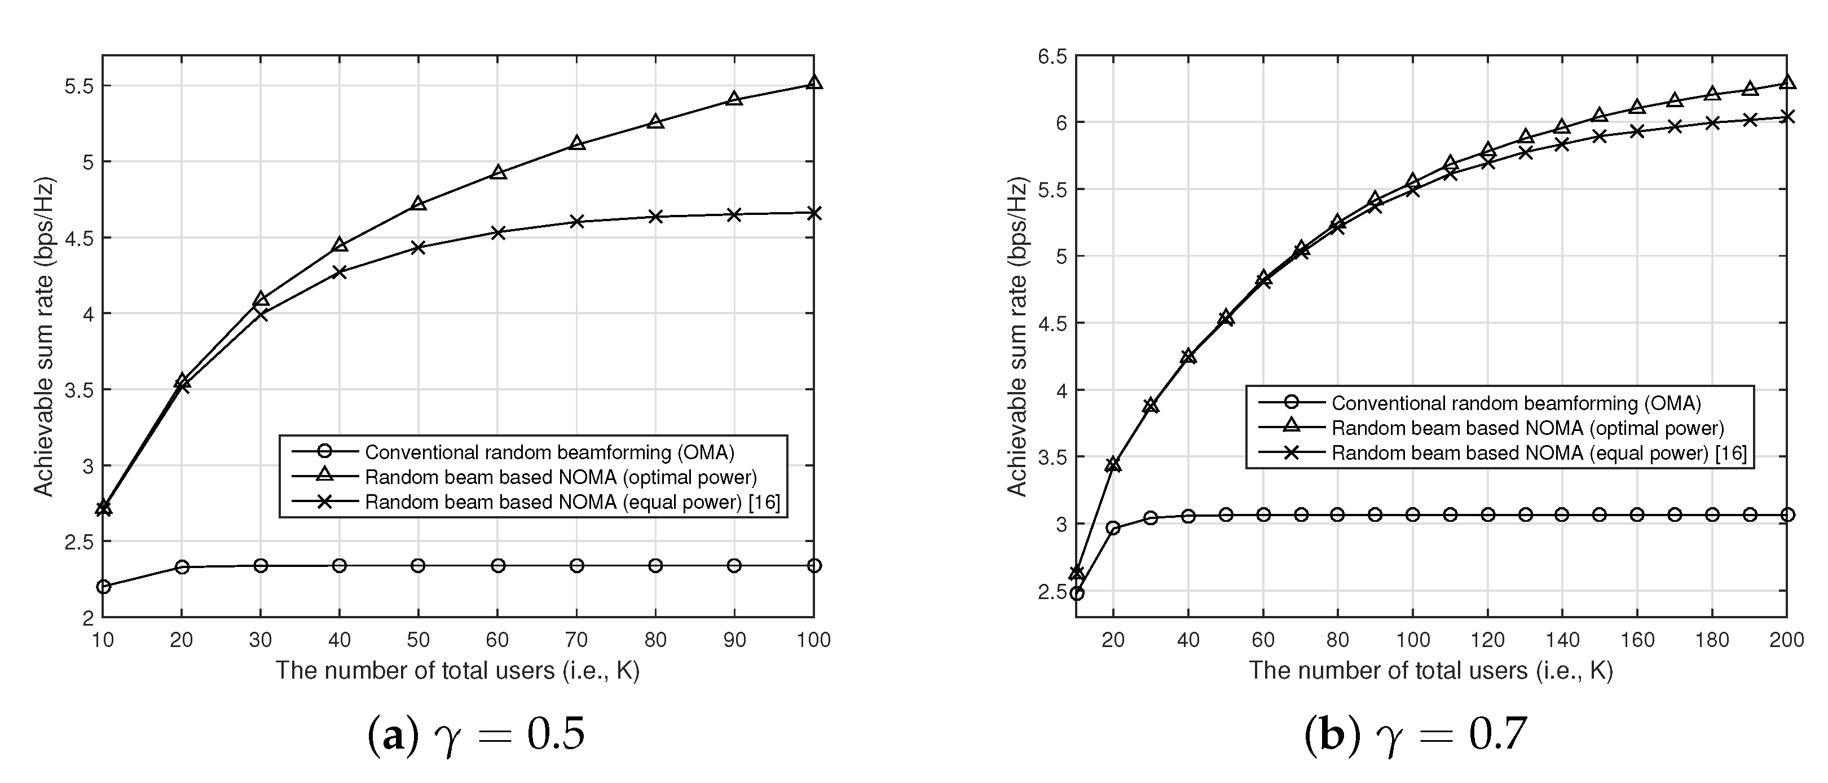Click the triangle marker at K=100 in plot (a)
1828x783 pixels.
pos(814,82)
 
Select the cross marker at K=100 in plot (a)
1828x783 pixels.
pos(814,213)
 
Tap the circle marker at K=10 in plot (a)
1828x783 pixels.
pos(103,586)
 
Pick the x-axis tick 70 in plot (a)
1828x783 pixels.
pos(576,640)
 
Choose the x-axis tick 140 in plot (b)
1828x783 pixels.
pos(1562,640)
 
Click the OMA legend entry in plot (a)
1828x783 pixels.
pos(549,452)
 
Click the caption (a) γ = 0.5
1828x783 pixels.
pos(476,734)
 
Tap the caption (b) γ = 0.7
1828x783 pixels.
pos(1415,734)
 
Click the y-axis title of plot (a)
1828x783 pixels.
pos(44,336)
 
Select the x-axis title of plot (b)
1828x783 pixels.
pos(1430,671)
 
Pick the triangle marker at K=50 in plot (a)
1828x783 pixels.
pos(419,204)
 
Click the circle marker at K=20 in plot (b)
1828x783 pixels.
pos(1113,528)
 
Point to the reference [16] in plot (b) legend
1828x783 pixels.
pos(1731,453)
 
